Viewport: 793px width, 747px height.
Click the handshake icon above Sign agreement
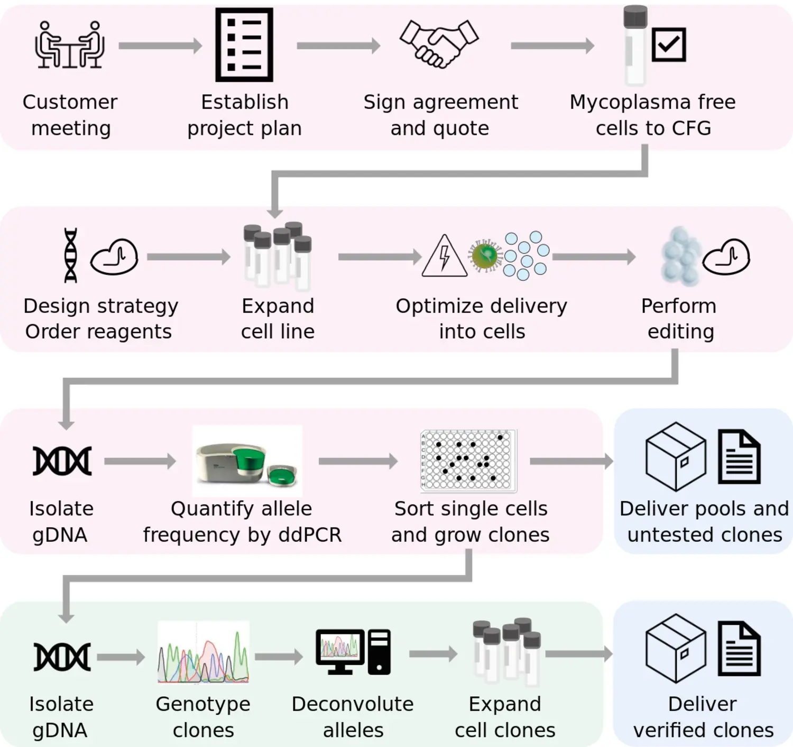pos(439,44)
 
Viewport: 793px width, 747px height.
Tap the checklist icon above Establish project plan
pos(244,45)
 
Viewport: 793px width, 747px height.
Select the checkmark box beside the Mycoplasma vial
pos(669,44)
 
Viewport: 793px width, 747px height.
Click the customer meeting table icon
pos(70,45)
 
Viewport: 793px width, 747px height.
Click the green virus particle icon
pos(485,256)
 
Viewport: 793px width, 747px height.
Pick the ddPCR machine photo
pos(247,462)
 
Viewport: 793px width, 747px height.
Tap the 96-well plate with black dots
pos(468,460)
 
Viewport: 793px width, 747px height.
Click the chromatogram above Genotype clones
pos(204,653)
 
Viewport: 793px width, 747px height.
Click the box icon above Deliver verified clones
pos(676,648)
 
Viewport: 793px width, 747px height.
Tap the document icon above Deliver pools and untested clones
pos(739,457)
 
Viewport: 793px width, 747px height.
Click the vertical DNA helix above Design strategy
pos(70,255)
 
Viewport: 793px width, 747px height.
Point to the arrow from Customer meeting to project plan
pos(160,46)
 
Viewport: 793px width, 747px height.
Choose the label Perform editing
pos(680,319)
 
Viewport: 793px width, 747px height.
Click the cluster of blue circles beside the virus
pos(525,255)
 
